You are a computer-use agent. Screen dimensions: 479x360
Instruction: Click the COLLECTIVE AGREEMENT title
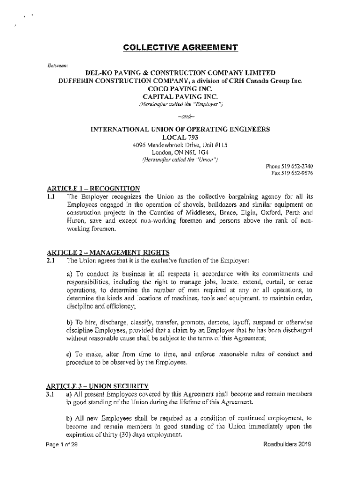tap(180, 48)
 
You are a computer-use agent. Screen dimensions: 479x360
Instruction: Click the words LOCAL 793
tap(180, 137)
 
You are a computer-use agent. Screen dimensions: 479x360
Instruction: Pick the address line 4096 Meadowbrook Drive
tap(180, 145)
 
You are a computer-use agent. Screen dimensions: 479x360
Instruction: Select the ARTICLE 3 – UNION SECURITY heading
tap(97, 386)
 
